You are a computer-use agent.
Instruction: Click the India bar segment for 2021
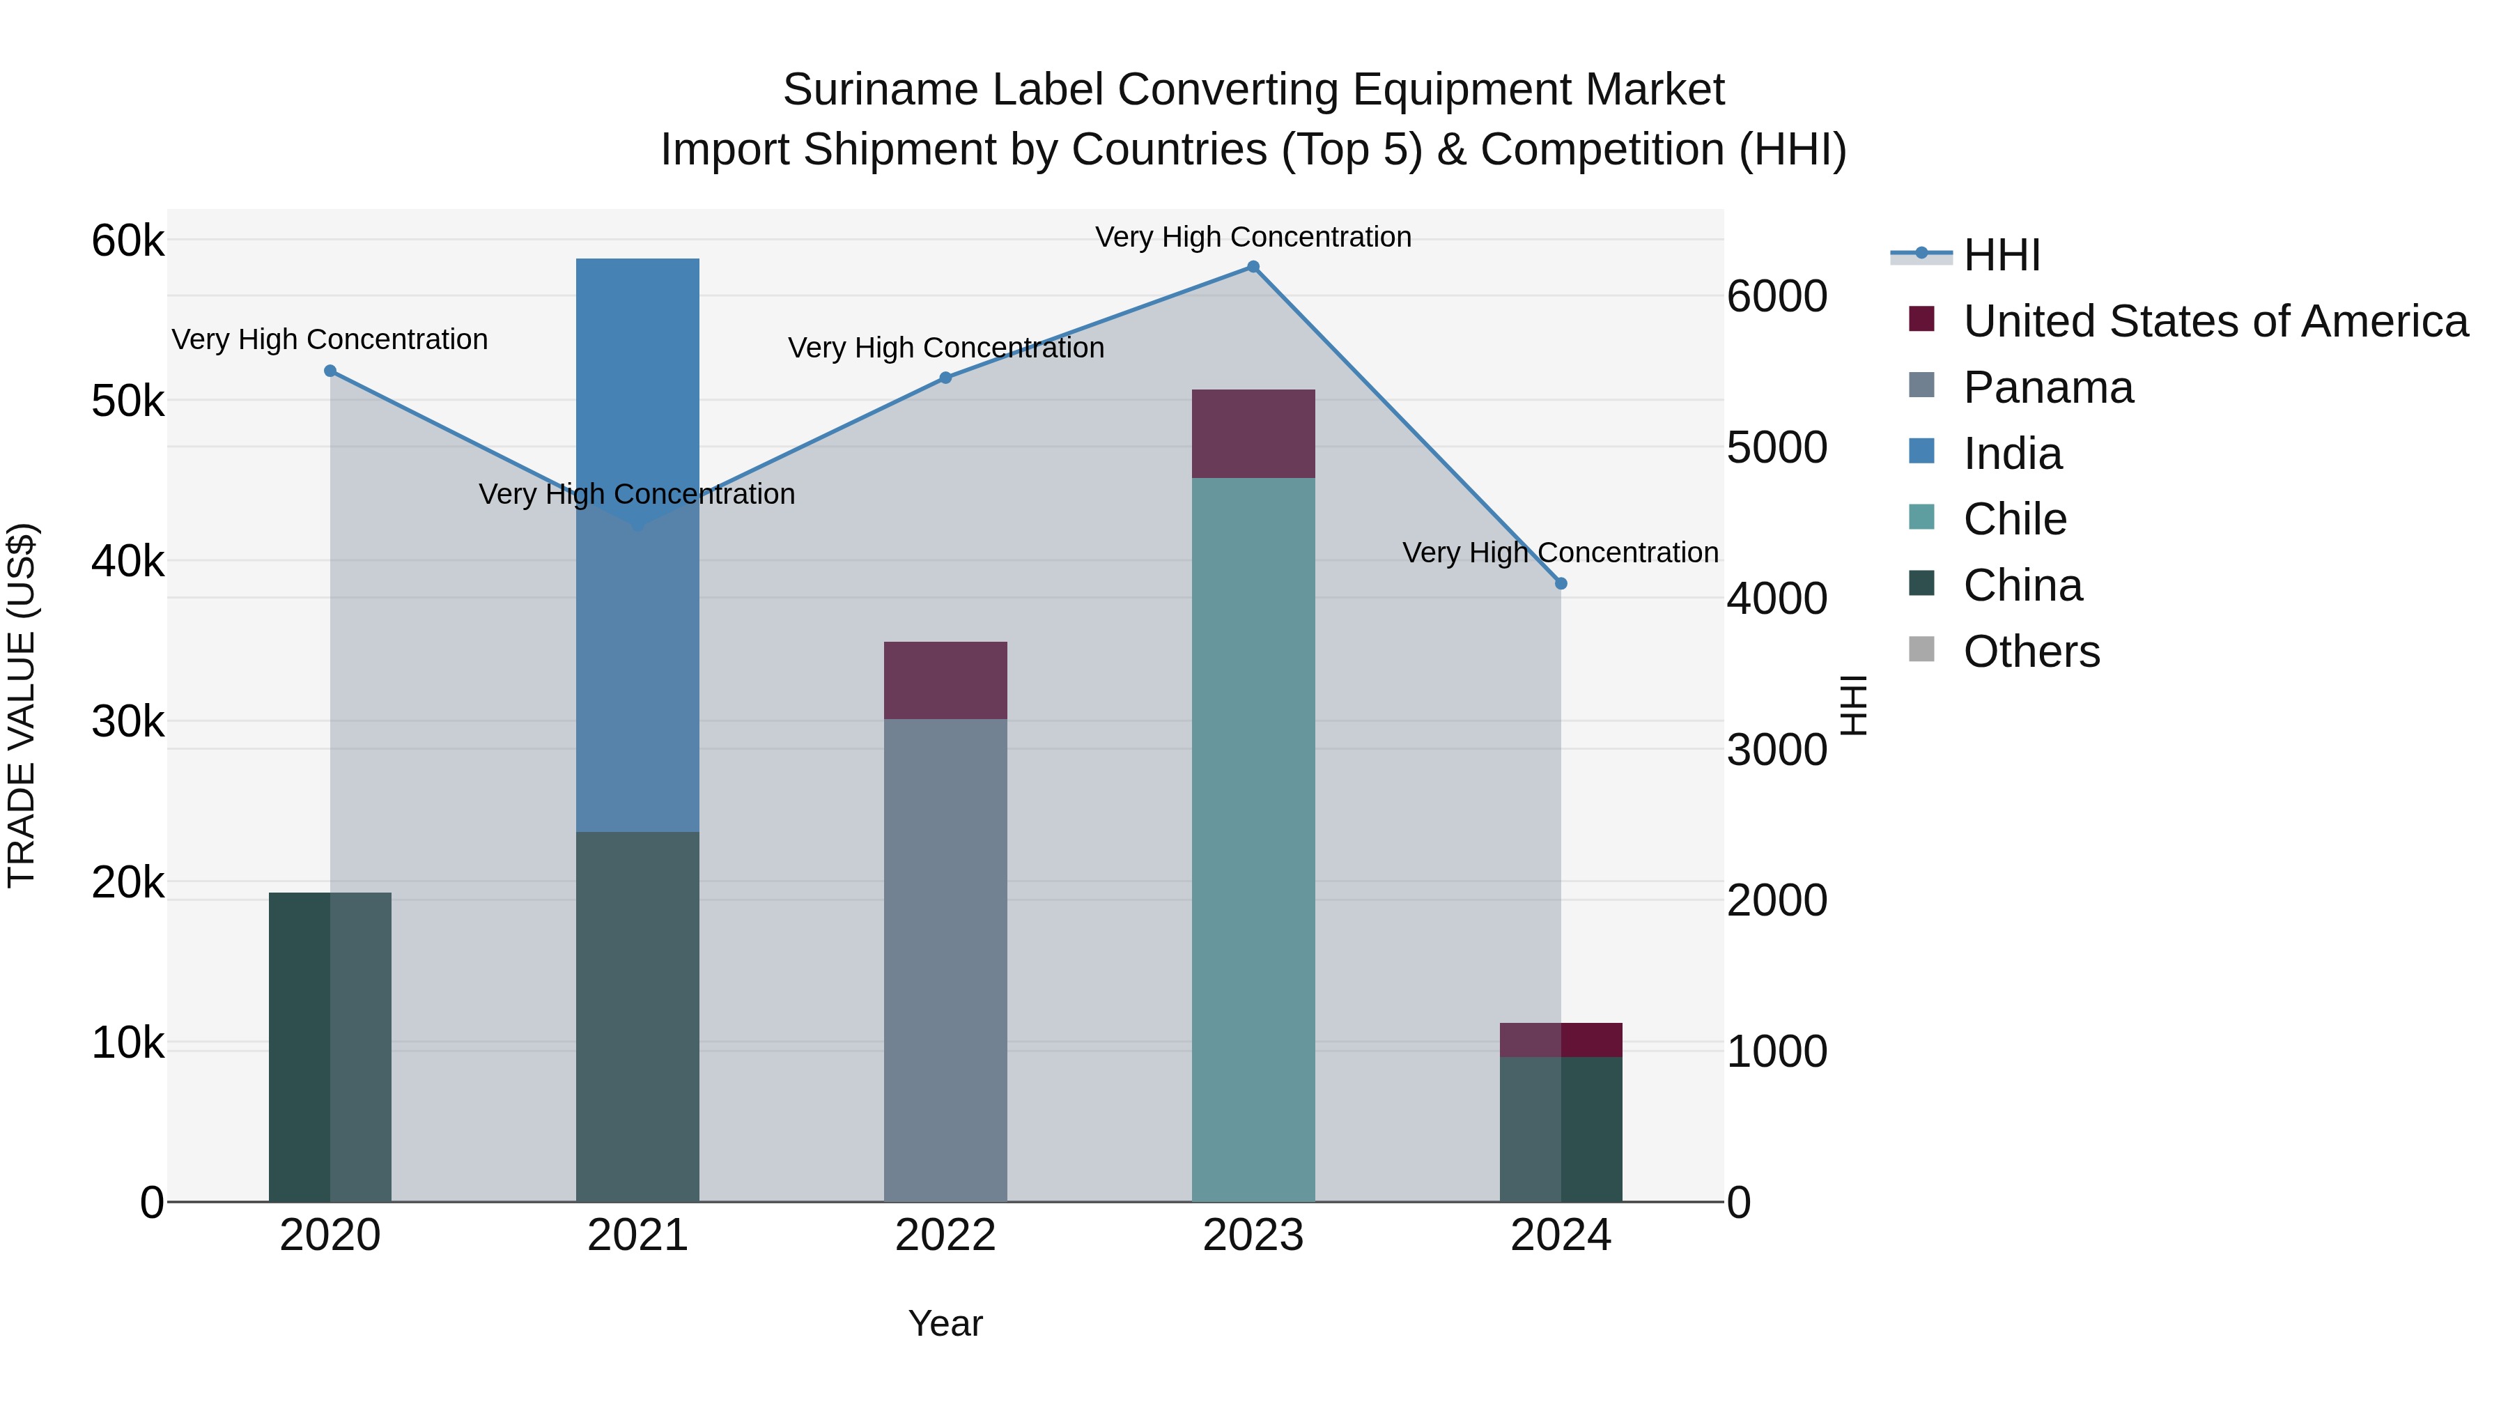(637, 546)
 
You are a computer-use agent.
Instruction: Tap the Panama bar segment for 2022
(945, 960)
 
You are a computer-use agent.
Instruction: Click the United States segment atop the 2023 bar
(1253, 434)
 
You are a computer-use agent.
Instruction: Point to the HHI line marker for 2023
(1253, 267)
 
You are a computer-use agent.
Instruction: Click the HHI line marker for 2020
(330, 371)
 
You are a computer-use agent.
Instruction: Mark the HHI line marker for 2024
(1561, 583)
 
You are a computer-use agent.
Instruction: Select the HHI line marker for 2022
(945, 378)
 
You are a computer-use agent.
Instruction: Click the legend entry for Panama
(2048, 387)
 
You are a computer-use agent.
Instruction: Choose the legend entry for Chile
(2014, 519)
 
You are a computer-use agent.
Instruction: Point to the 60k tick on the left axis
(127, 240)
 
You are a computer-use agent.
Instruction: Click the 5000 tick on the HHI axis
(1776, 448)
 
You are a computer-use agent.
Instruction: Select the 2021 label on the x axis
(637, 1235)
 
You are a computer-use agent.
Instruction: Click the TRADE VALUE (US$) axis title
(22, 705)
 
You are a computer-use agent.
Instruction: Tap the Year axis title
(945, 1323)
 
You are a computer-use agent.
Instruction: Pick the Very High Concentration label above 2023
(1253, 237)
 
